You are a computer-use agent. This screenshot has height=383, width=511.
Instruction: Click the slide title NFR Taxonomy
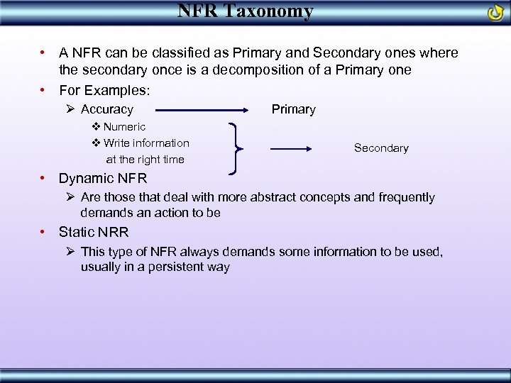pyautogui.click(x=245, y=11)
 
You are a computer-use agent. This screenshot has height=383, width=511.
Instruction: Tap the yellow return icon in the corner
pyautogui.click(x=495, y=13)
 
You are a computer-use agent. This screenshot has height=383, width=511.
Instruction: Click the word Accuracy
pyautogui.click(x=107, y=109)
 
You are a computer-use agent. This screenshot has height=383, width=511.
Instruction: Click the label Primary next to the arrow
pyautogui.click(x=293, y=109)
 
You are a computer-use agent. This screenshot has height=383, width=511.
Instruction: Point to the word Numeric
pyautogui.click(x=124, y=127)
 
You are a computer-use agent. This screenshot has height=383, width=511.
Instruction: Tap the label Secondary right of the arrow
pyautogui.click(x=381, y=148)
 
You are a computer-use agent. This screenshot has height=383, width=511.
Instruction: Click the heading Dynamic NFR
pyautogui.click(x=103, y=179)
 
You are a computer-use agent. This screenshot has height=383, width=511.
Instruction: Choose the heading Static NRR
pyautogui.click(x=94, y=233)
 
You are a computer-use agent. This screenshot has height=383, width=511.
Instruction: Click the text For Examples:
pyautogui.click(x=104, y=90)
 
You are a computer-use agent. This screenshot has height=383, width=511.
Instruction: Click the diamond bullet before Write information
pyautogui.click(x=97, y=143)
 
